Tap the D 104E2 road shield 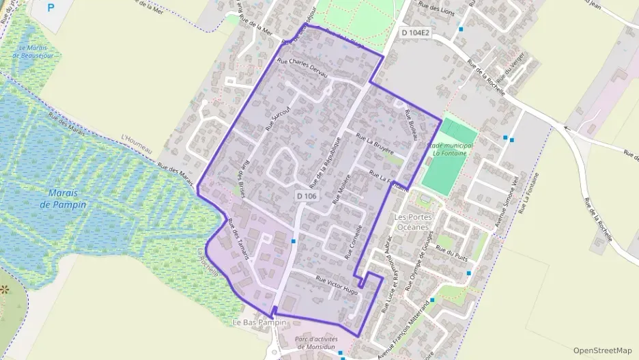[414, 32]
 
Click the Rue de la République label [324, 162]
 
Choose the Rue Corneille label [355, 241]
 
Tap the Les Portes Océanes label [412, 221]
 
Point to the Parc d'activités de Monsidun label [319, 342]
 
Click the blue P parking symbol [51, 8]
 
